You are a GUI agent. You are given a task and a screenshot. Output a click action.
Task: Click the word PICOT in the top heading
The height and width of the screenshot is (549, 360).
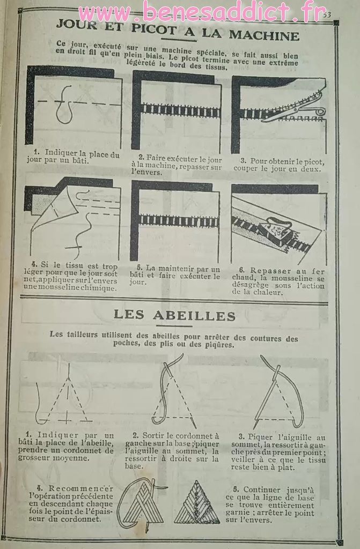pos(154,29)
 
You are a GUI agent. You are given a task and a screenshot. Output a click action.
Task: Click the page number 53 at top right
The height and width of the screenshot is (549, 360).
pos(327,15)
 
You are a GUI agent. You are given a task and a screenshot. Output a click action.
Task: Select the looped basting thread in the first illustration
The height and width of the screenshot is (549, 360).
pos(64,105)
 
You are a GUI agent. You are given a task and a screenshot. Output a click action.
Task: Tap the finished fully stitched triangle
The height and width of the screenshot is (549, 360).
pos(197,503)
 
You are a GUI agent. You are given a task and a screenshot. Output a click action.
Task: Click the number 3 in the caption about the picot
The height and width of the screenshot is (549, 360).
pos(243,161)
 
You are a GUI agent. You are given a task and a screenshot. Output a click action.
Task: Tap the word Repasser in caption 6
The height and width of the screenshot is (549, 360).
pos(270,271)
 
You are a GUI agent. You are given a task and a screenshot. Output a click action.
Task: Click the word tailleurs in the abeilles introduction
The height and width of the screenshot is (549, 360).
pos(80,335)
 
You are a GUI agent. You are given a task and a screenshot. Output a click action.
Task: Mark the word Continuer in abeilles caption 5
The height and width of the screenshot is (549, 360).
pos(262,490)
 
